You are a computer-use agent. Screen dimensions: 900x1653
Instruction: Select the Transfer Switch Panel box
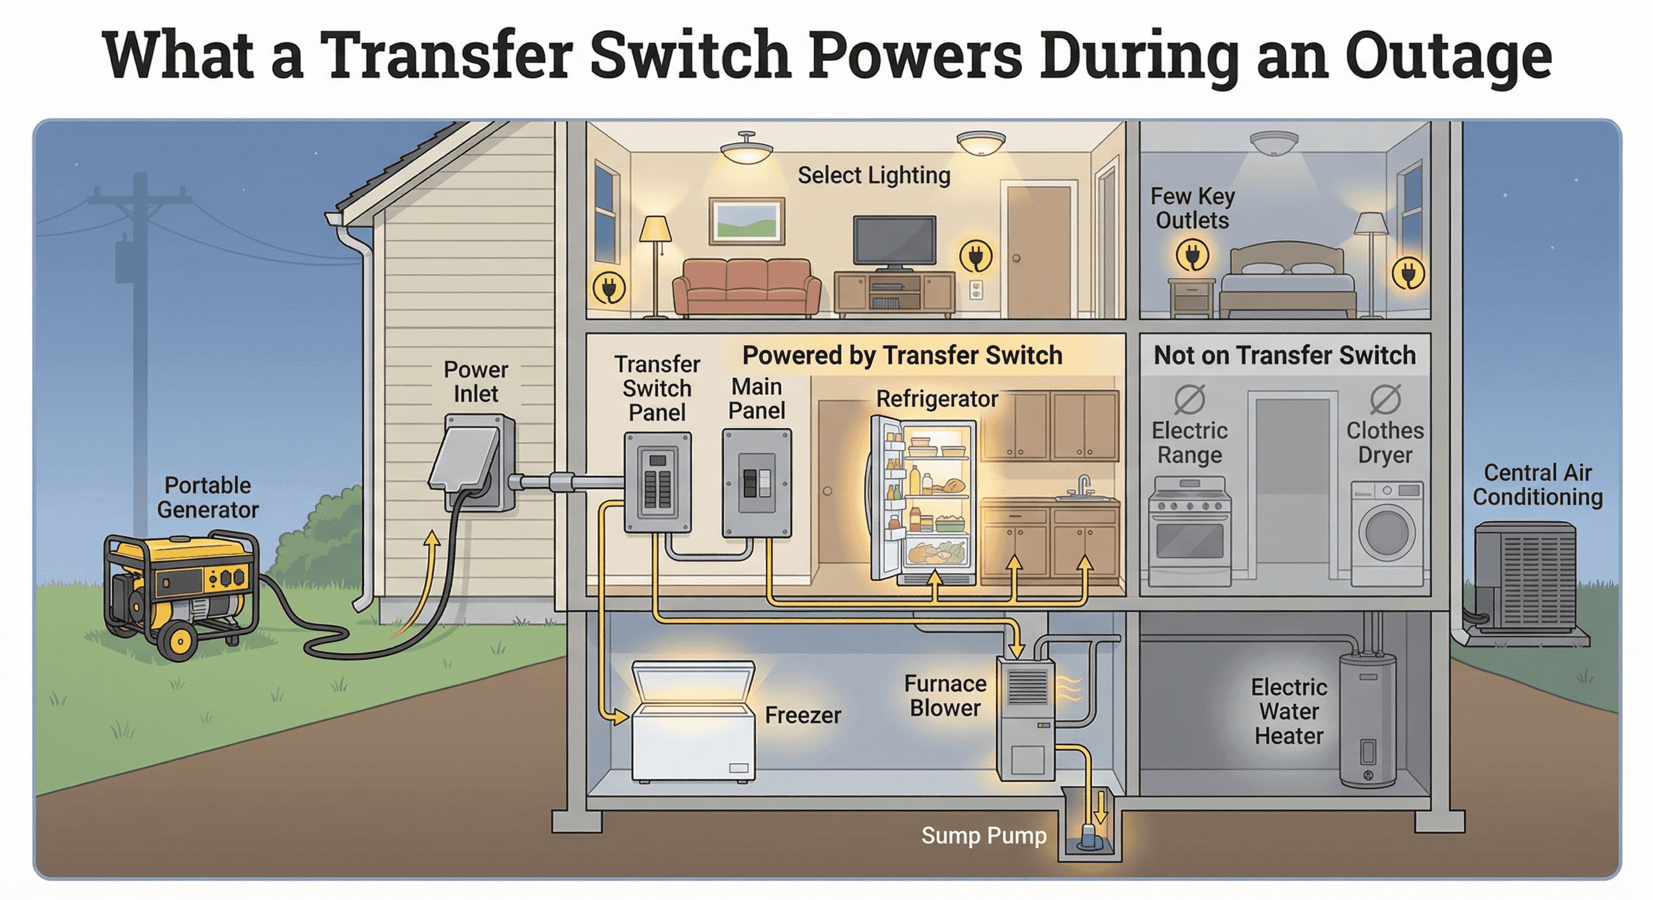(x=658, y=483)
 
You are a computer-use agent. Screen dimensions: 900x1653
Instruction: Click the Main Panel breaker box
(x=757, y=483)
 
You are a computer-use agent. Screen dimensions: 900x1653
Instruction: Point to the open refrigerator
(x=924, y=501)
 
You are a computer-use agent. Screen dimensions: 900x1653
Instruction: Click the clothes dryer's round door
(x=1387, y=532)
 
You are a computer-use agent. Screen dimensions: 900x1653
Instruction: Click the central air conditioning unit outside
(x=1524, y=578)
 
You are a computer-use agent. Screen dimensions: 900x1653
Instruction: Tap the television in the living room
(x=894, y=241)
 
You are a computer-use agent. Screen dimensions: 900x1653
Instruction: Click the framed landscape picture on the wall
(x=746, y=221)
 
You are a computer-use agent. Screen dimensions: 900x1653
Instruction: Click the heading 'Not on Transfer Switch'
(x=1285, y=355)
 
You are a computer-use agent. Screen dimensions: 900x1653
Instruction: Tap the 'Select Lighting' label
(x=873, y=175)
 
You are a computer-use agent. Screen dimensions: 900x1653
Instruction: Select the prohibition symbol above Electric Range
(x=1189, y=399)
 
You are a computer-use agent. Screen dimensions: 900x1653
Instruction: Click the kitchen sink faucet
(x=1083, y=485)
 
